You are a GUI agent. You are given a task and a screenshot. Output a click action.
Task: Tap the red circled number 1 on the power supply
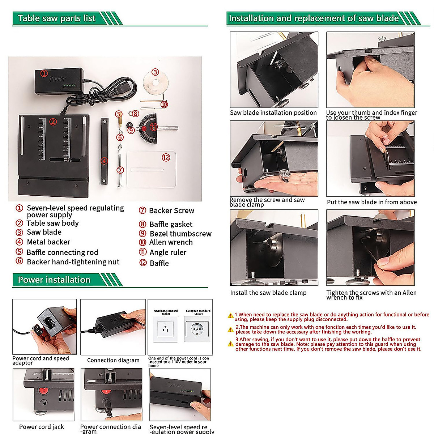pyautogui.click(x=44, y=73)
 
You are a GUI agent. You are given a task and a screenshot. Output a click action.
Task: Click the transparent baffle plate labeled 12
pyautogui.click(x=151, y=169)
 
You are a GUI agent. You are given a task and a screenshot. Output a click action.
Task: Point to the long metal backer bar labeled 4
pyautogui.click(x=105, y=151)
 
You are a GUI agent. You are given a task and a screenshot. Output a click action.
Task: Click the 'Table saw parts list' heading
pyautogui.click(x=57, y=18)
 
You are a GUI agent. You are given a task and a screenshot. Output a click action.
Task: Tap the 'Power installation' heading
pyautogui.click(x=54, y=280)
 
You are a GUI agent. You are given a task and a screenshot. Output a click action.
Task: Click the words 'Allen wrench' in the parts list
pyautogui.click(x=171, y=242)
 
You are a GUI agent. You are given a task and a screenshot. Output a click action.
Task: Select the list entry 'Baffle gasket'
pyautogui.click(x=171, y=224)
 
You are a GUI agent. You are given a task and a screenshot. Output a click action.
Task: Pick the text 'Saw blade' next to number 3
pyautogui.click(x=44, y=232)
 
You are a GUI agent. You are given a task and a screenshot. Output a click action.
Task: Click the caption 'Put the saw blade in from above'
pyautogui.click(x=371, y=202)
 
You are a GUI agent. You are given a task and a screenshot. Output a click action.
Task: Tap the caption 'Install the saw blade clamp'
pyautogui.click(x=268, y=293)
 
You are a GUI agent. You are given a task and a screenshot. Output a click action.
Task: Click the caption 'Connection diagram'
pyautogui.click(x=113, y=360)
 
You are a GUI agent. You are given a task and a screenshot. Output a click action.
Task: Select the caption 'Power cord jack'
pyautogui.click(x=41, y=427)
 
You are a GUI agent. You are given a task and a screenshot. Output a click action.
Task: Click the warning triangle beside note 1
pyautogui.click(x=230, y=316)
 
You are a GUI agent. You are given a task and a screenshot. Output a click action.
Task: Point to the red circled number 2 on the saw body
pyautogui.click(x=53, y=122)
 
